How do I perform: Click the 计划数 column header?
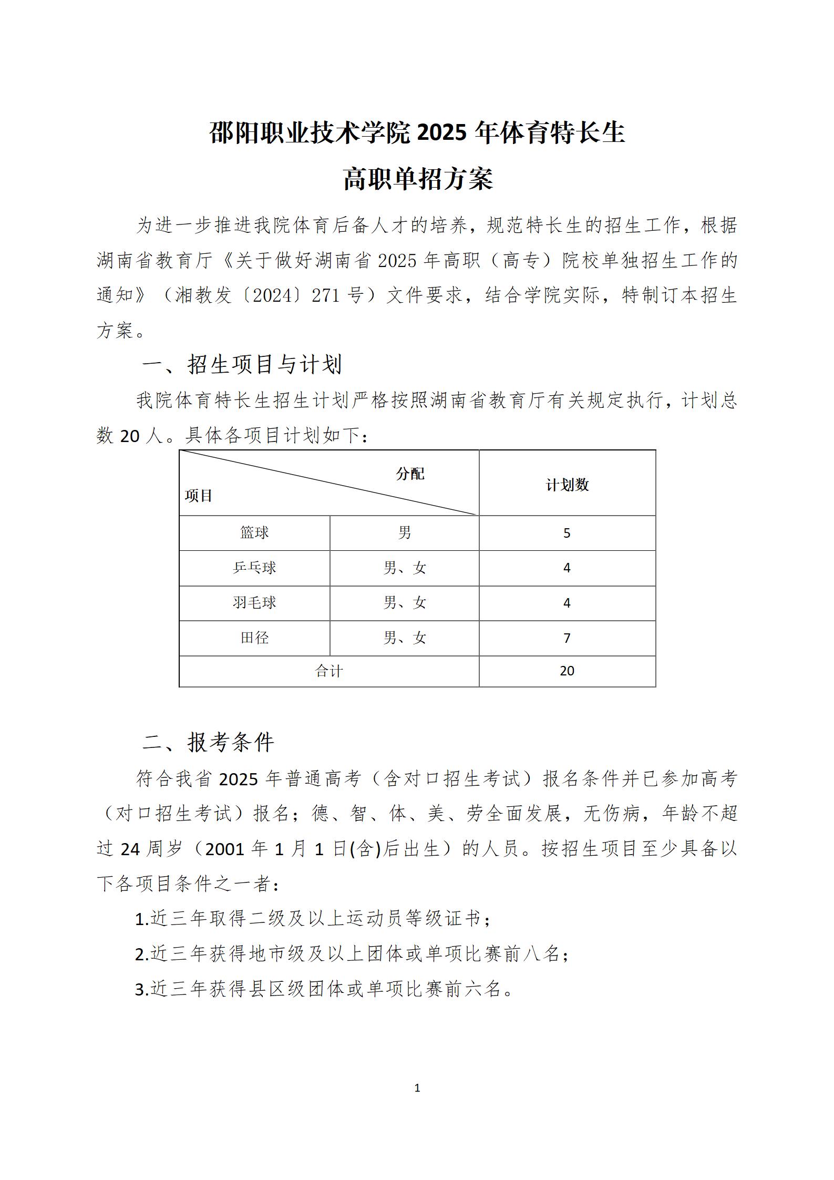567,485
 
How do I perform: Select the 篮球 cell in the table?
254,533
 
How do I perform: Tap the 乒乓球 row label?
254,568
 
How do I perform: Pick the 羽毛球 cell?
254,603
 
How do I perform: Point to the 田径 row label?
254,638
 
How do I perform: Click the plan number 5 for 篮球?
567,533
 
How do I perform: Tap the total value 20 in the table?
567,671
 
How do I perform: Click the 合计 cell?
328,671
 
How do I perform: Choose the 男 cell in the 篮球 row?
404,533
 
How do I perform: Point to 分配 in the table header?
410,474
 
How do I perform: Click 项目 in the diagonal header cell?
198,496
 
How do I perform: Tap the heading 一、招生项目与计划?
242,364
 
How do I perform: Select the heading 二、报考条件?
209,743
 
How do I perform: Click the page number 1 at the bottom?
417,1088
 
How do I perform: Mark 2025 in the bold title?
442,133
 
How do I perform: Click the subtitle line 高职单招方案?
418,179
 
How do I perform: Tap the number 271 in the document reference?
325,295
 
